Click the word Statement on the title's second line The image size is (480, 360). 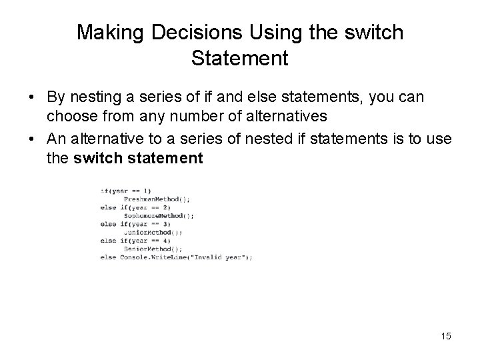(x=239, y=58)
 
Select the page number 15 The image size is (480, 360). (x=445, y=336)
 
